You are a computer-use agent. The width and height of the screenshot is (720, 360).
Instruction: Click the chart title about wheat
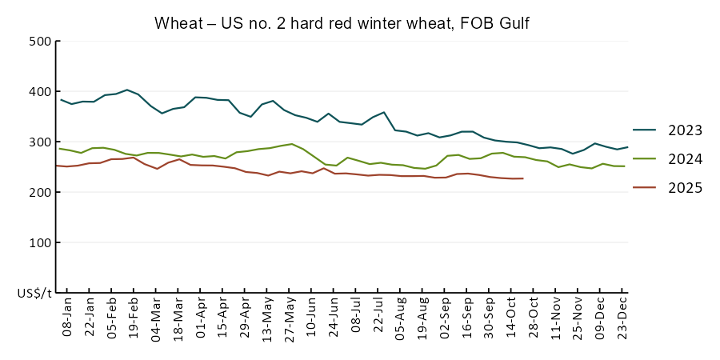click(342, 24)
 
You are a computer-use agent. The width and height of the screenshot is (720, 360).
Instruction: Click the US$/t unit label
click(34, 294)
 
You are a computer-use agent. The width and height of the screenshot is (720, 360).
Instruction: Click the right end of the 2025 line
click(523, 178)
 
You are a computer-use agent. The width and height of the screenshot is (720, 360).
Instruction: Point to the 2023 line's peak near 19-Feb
click(126, 90)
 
